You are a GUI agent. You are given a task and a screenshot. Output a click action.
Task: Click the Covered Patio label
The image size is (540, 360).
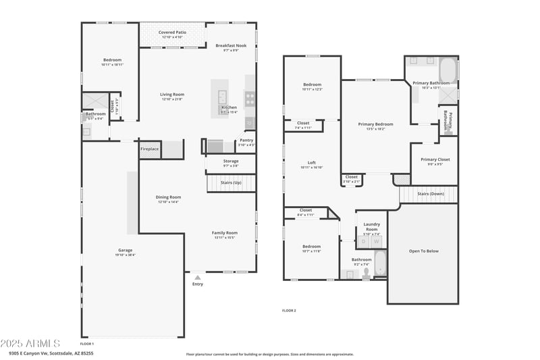click(172, 32)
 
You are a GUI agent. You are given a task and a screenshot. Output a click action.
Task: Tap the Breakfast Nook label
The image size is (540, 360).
click(231, 46)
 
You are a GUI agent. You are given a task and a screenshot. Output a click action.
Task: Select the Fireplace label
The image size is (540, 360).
click(149, 149)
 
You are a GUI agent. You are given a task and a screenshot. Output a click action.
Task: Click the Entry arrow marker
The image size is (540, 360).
click(197, 276)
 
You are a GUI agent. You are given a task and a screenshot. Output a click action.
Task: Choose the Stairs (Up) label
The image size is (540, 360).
click(231, 183)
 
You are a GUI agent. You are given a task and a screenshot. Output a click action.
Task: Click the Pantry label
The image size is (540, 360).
click(246, 140)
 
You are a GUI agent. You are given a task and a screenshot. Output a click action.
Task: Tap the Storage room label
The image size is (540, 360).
click(231, 161)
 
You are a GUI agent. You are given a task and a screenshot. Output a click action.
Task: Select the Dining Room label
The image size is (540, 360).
click(169, 197)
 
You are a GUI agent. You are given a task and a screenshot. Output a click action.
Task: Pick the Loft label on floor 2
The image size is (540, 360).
click(311, 163)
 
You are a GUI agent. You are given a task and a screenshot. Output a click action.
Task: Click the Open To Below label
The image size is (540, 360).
click(423, 251)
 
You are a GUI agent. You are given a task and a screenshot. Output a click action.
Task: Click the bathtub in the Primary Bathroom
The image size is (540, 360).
click(448, 71)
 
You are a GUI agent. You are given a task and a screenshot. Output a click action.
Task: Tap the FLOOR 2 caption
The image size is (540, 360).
click(289, 311)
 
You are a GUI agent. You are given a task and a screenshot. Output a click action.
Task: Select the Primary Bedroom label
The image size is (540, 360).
click(375, 124)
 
